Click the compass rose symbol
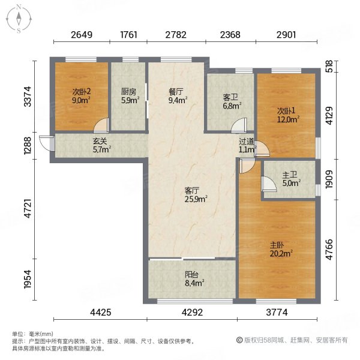point(19,19)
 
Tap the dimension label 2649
point(82,35)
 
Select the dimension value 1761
point(128,35)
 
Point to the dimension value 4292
point(192,312)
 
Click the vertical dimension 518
point(329,67)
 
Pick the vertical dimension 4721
point(28,208)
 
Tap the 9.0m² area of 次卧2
point(81,100)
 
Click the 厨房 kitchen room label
point(128,92)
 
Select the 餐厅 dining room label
point(176,92)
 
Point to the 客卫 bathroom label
point(230,98)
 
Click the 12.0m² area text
point(288,119)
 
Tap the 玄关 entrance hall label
point(100,141)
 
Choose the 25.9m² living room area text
point(196,199)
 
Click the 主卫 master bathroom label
point(290,175)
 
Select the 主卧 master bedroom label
point(277,245)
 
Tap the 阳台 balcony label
point(191,275)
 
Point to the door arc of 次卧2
point(101,125)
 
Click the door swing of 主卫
point(269,184)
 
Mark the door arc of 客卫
point(239,125)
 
